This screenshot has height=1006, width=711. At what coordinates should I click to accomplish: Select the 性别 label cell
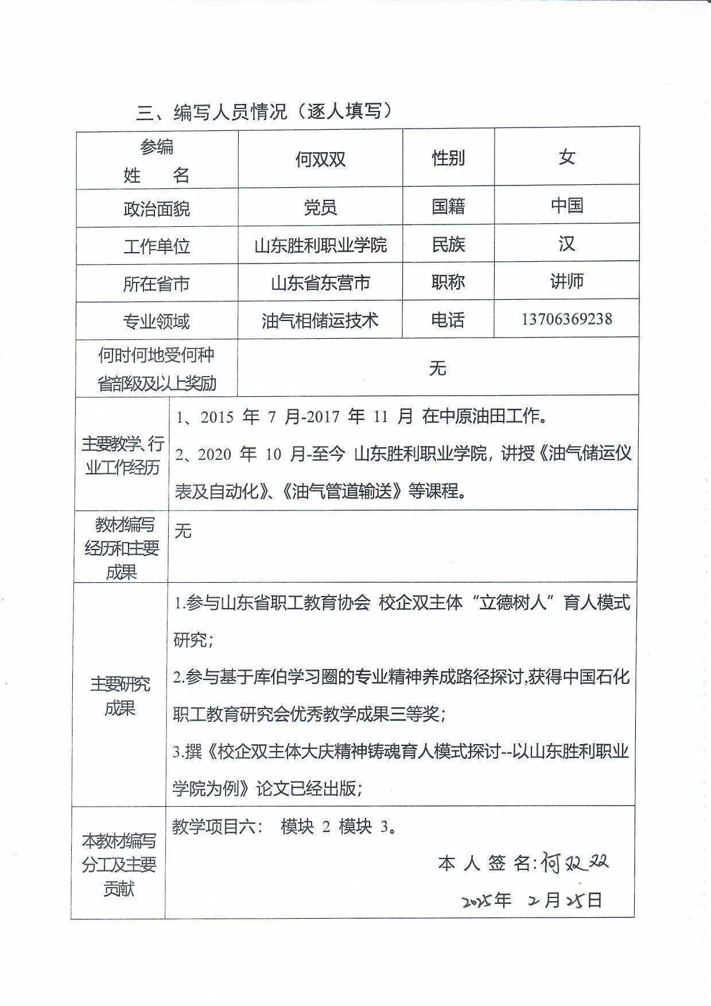click(x=448, y=158)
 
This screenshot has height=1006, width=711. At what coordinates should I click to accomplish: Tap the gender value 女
click(x=566, y=157)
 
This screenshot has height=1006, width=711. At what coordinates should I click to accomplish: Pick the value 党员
click(x=320, y=207)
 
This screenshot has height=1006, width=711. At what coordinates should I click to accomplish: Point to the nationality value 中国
click(x=566, y=206)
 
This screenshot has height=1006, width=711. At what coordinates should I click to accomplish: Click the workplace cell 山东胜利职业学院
click(x=320, y=246)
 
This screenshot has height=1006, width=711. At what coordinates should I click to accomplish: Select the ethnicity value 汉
click(x=566, y=244)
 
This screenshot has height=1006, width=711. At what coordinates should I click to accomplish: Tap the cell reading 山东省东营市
click(x=320, y=283)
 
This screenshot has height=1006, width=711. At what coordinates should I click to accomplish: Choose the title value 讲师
click(x=566, y=281)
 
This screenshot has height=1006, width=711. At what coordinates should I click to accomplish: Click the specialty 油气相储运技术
click(x=320, y=320)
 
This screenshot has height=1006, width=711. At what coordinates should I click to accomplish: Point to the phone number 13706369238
click(x=566, y=319)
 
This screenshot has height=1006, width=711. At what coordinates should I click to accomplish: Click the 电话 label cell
click(x=448, y=320)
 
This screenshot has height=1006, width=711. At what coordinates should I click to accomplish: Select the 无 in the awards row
click(x=437, y=368)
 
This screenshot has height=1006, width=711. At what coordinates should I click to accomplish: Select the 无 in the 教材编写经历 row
click(x=182, y=531)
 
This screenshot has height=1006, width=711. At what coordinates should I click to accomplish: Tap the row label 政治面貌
click(x=156, y=208)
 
